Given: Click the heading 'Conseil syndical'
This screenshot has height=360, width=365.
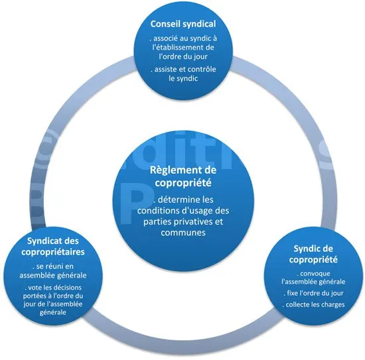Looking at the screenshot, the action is coord(183,24).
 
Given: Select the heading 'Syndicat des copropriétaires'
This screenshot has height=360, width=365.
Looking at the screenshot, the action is coord(53,246).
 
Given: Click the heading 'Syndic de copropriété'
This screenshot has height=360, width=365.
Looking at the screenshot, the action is coord(313,254).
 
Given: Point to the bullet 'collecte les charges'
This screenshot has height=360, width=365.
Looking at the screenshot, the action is coord(313,304).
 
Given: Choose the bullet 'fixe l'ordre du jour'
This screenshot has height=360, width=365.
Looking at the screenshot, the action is coord(313,293).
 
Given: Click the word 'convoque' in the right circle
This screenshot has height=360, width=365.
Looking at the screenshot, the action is coord(315,274).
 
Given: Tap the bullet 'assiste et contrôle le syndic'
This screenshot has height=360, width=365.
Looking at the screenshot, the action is coord(183,74).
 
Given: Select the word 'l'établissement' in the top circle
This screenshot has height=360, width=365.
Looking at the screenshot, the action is coord(175,47).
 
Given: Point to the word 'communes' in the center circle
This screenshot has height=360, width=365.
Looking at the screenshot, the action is coord(183,233).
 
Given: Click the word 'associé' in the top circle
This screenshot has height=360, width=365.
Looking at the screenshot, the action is coord(165,38).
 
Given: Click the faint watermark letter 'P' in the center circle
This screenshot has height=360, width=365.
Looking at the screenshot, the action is coord(137,206).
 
